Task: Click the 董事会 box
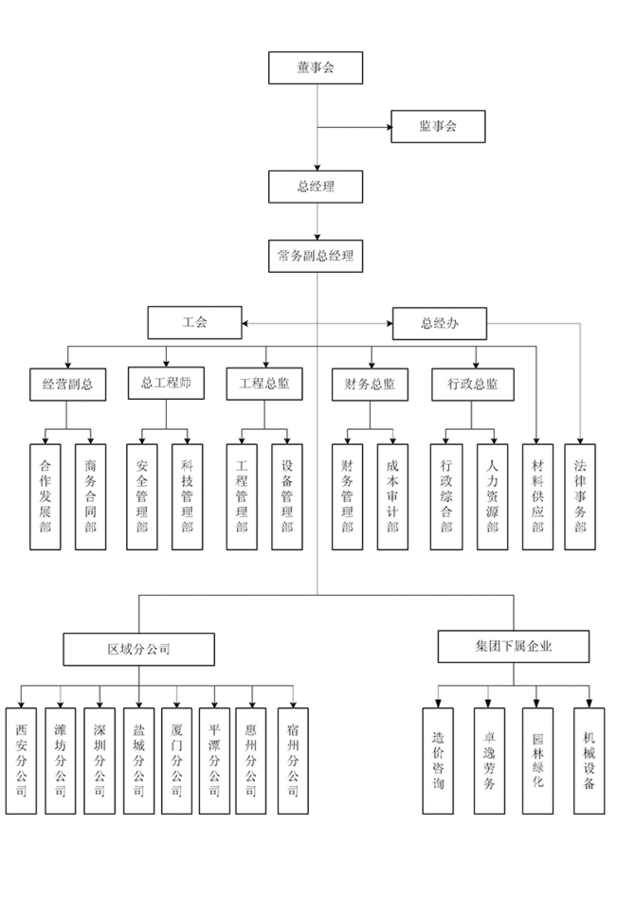click(x=316, y=67)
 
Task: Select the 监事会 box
click(x=438, y=127)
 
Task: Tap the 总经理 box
click(x=316, y=187)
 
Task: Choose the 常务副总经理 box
click(x=316, y=256)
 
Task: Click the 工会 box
click(x=194, y=323)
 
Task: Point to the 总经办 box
click(x=440, y=323)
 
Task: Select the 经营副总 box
click(x=66, y=385)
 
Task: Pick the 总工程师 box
click(x=166, y=384)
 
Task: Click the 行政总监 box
click(x=466, y=385)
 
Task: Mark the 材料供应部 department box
click(x=537, y=496)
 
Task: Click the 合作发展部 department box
click(x=45, y=496)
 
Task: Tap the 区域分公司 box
click(x=138, y=650)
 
